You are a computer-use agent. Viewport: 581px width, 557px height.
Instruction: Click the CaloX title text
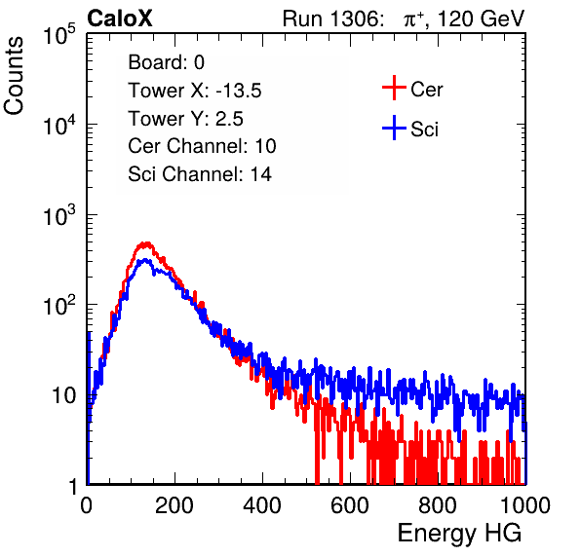click(120, 19)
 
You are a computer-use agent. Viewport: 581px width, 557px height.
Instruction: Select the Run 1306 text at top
click(332, 19)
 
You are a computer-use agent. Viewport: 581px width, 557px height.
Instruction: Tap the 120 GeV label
click(481, 19)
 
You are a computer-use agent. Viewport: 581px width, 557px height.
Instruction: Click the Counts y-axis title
click(14, 76)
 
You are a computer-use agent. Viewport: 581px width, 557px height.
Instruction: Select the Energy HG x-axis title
click(459, 534)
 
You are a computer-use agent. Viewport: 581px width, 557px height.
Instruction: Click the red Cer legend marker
click(394, 88)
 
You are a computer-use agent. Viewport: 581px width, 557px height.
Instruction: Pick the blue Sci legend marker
click(394, 129)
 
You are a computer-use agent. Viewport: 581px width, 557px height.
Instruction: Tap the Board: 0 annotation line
click(166, 62)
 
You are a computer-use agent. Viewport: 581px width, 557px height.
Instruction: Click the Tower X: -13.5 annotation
click(195, 91)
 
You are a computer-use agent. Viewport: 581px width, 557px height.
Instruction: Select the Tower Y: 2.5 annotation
click(185, 119)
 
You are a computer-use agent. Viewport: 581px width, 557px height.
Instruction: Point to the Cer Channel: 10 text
click(202, 146)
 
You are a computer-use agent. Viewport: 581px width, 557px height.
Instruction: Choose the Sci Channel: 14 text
click(200, 174)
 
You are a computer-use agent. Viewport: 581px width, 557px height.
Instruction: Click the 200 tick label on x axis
click(174, 505)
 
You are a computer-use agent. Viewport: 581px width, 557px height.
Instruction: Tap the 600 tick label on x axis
click(350, 505)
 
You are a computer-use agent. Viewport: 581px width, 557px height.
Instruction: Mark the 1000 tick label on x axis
click(525, 505)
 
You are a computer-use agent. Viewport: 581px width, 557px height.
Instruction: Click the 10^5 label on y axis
click(59, 35)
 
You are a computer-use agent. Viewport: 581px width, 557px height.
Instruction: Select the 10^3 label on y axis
click(59, 216)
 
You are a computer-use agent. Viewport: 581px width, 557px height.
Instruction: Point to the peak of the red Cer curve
click(147, 243)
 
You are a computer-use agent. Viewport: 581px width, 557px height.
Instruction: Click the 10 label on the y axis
click(63, 395)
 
